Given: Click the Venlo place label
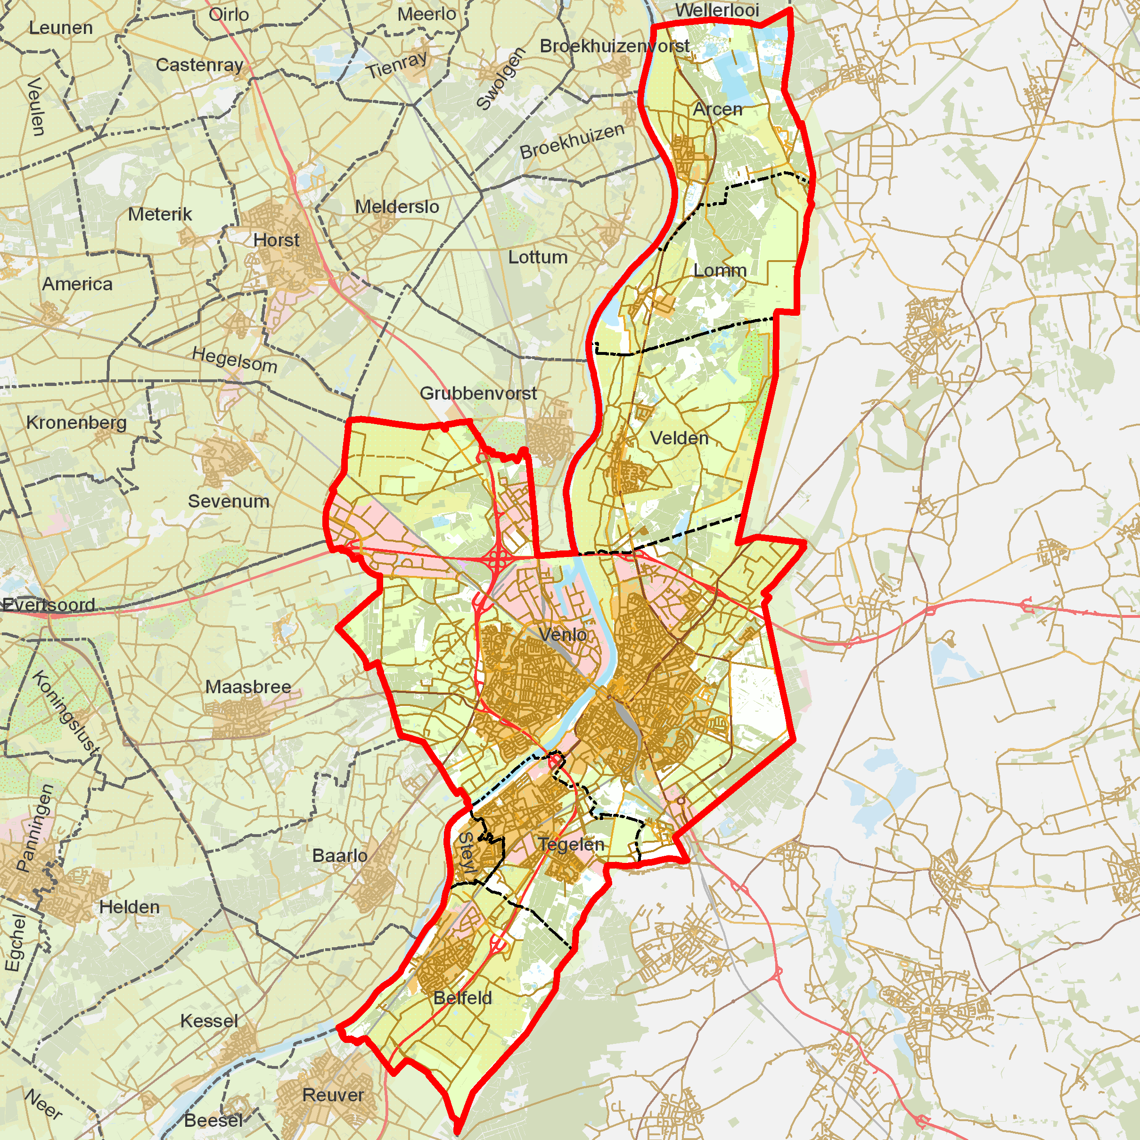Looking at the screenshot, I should [562, 635].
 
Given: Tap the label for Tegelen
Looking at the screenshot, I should [571, 845].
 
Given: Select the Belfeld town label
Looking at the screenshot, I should [463, 998].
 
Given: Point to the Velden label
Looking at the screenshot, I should [679, 438].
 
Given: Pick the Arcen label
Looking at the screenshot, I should [718, 110].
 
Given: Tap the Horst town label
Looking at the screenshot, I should [276, 241].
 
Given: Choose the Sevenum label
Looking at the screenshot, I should [229, 501].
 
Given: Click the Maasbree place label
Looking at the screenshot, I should [248, 687].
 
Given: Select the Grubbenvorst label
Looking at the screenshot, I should [478, 394].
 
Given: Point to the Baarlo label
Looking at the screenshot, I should [339, 856].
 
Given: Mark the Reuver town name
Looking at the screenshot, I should [333, 1096].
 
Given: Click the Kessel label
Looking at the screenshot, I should [209, 1021].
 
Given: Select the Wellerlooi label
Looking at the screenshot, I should [717, 11].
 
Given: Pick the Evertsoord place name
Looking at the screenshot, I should [49, 605].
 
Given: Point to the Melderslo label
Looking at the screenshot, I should [396, 207].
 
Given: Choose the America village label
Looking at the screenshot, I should [77, 284].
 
